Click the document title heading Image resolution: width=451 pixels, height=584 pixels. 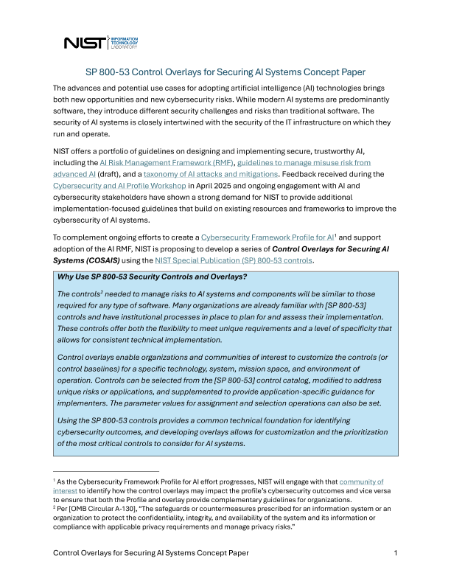pos(225,72)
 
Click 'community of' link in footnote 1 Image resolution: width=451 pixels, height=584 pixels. pos(361,482)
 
